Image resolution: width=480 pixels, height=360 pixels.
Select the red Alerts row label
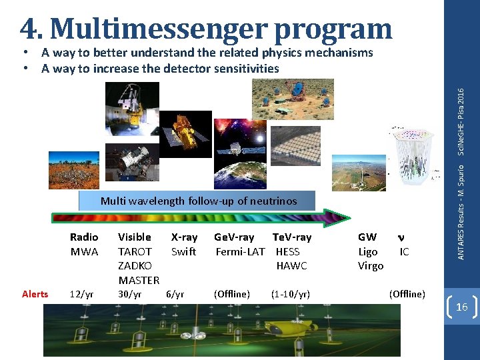35,294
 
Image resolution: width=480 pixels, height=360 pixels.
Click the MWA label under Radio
84,251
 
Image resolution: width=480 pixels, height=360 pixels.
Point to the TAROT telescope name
135,251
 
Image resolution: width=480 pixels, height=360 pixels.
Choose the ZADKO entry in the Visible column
135,265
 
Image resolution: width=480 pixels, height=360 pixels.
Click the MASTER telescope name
139,280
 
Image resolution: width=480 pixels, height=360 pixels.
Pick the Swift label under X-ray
183,251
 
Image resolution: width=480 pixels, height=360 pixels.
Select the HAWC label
291,265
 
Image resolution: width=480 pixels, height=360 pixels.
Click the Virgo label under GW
371,265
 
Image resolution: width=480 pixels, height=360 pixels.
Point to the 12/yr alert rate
81,294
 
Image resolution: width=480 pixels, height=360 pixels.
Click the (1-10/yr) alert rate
291,294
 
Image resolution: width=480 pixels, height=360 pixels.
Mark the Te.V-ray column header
291,237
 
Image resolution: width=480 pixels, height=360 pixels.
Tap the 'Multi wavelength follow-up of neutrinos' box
198,201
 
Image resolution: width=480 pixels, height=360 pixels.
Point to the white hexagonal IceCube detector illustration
419,157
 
